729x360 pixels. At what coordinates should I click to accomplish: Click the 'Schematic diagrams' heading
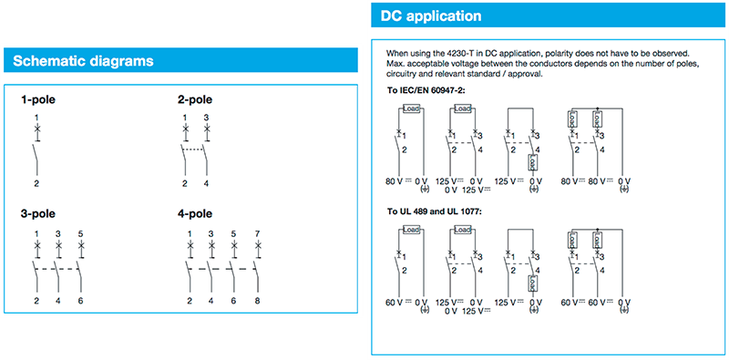coord(82,61)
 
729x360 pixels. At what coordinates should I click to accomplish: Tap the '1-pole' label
coord(38,99)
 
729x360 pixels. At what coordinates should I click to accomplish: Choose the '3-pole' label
coord(38,214)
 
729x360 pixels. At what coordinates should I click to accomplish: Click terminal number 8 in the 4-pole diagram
coord(257,300)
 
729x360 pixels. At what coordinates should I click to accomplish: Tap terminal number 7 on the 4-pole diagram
coord(257,234)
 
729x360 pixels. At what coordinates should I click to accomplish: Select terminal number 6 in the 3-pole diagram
coord(80,300)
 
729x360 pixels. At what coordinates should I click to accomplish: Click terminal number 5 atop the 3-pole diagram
coord(80,234)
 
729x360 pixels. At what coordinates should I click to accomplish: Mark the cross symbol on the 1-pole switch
coord(37,130)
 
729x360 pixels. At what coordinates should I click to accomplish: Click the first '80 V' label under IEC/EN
coord(395,180)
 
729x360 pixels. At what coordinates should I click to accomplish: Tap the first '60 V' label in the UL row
coord(395,301)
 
